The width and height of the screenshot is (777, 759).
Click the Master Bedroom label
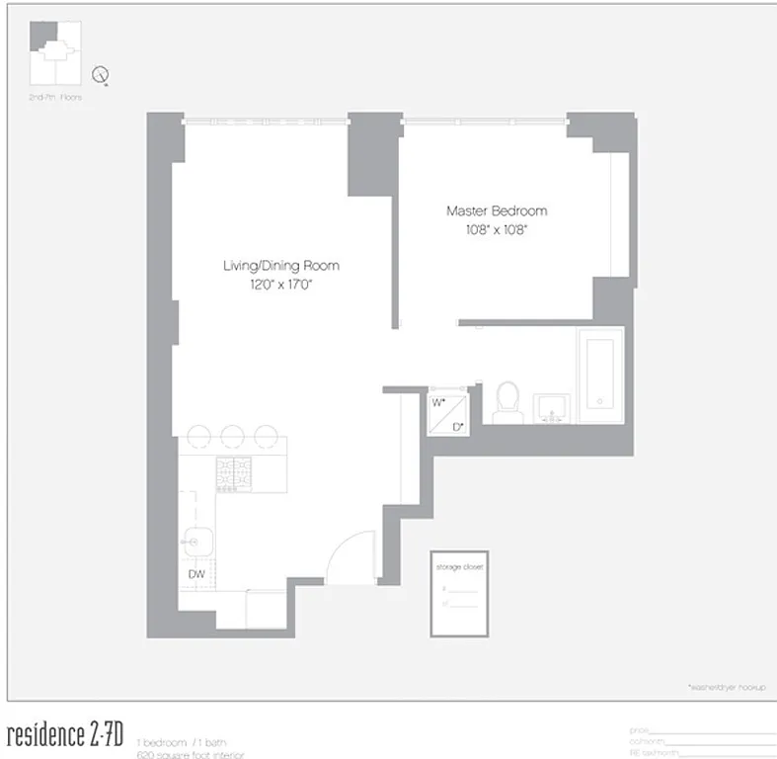click(x=496, y=211)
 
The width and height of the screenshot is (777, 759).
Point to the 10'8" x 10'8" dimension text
click(x=496, y=229)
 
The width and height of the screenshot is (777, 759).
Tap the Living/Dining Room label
click(x=280, y=265)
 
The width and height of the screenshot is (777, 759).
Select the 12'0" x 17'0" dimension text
click(x=280, y=284)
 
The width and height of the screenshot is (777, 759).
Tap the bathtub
click(x=600, y=377)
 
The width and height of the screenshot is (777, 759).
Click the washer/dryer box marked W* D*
click(x=448, y=414)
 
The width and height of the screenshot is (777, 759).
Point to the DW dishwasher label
click(x=196, y=573)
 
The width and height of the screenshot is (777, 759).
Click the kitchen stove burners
click(x=234, y=467)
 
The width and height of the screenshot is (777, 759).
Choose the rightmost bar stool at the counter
click(x=266, y=436)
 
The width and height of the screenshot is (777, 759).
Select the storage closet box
click(x=460, y=592)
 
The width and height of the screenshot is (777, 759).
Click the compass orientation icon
click(x=100, y=75)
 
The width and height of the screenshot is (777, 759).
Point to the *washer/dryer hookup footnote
click(x=726, y=686)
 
